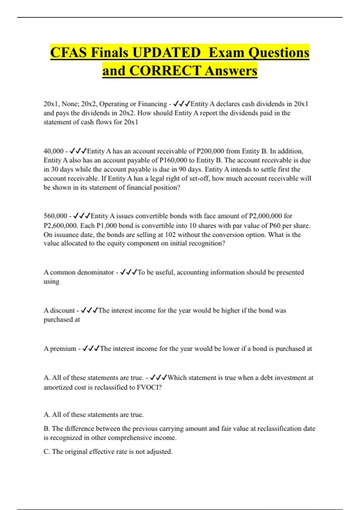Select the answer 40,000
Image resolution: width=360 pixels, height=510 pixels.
point(53,151)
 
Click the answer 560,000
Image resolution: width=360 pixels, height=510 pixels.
point(55,216)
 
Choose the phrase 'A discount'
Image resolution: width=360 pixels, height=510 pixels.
point(59,310)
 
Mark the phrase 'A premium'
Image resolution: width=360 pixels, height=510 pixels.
point(60,349)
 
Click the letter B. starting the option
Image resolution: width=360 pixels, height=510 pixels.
point(47,429)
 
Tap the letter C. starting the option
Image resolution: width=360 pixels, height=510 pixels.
point(47,452)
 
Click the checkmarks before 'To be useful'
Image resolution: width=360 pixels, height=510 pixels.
point(128,272)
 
